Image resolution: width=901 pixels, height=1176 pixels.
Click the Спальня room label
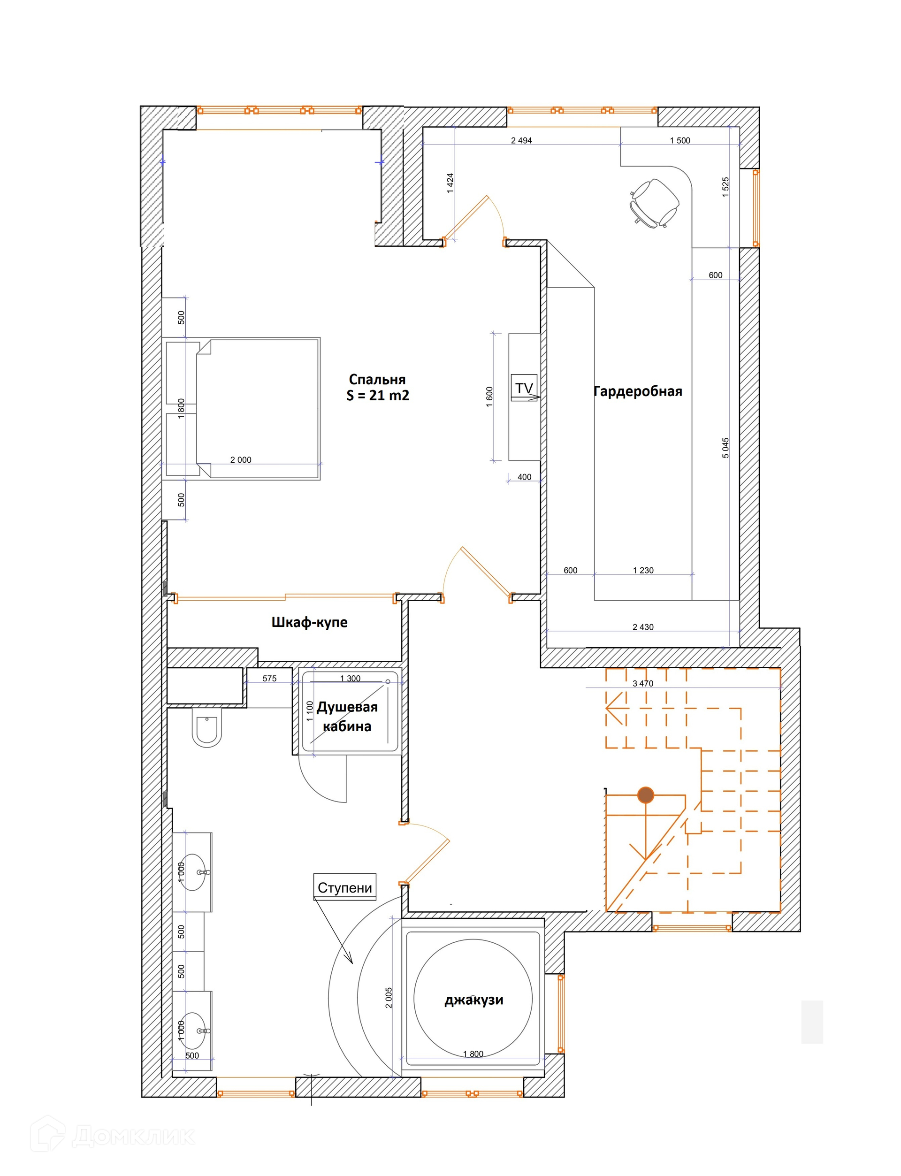(x=377, y=380)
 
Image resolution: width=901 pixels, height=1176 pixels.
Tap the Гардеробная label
(x=638, y=391)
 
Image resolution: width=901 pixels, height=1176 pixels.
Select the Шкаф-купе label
(x=309, y=622)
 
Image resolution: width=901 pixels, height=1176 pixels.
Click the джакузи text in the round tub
(x=473, y=1000)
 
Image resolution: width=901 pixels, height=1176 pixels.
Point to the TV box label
(x=524, y=388)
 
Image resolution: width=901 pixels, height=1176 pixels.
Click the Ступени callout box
(x=345, y=887)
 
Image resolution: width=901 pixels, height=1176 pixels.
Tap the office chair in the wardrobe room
(x=654, y=203)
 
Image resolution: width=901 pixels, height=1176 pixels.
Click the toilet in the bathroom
(x=206, y=727)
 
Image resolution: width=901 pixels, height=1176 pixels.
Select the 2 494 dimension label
(x=521, y=140)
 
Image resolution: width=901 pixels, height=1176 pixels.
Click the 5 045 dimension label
(x=725, y=448)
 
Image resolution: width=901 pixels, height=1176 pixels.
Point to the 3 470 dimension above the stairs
(x=642, y=683)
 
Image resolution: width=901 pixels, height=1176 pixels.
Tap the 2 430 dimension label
(x=642, y=627)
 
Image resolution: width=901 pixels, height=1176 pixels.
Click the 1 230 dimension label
(x=643, y=570)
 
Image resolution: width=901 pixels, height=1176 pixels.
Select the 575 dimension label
(x=269, y=679)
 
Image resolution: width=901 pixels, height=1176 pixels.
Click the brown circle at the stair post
(x=646, y=795)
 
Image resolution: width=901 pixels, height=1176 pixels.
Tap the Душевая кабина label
(x=347, y=717)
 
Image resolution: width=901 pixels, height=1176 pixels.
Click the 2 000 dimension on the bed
(x=240, y=459)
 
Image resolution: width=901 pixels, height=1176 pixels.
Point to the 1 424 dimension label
(x=450, y=183)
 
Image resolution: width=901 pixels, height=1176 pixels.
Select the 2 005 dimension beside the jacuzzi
(x=389, y=997)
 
